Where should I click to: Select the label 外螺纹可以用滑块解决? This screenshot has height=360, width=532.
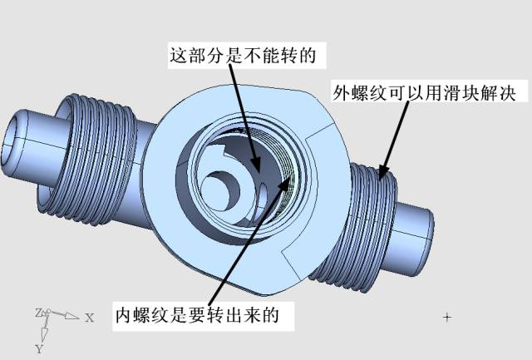430,90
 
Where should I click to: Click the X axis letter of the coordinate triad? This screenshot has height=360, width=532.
89,318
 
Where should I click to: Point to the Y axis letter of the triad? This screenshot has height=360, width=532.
38,349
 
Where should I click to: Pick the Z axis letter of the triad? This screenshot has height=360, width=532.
38,313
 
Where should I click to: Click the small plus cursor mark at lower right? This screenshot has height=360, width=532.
447,317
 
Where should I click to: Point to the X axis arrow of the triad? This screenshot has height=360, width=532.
66,316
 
